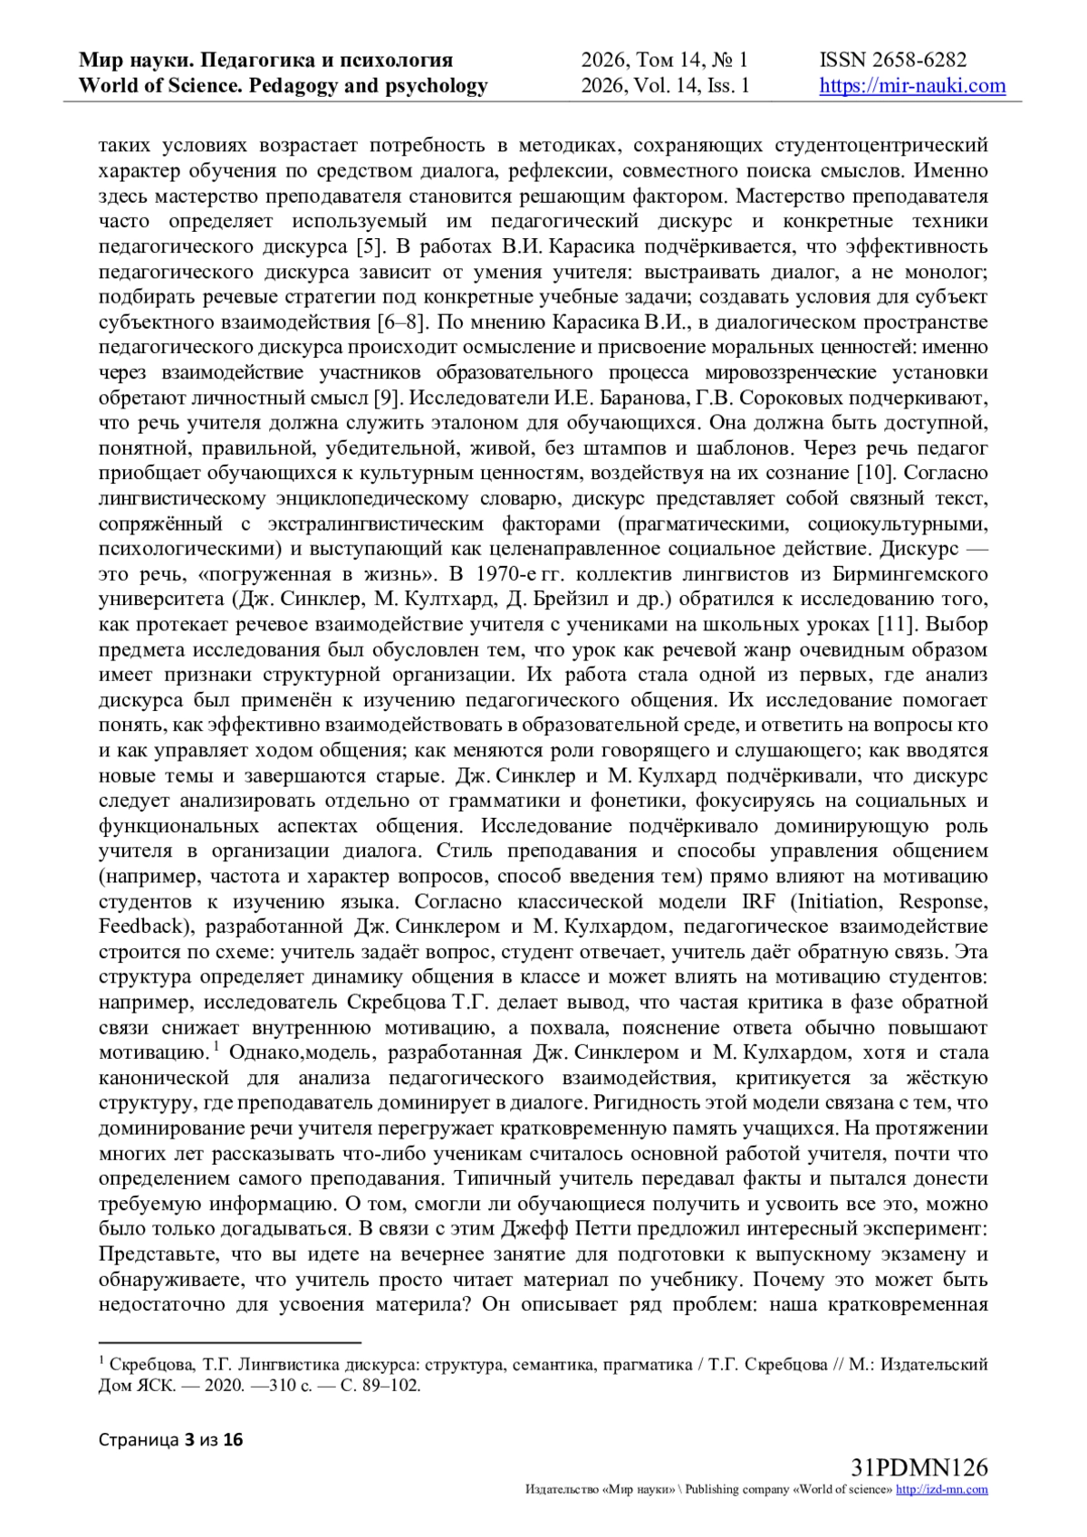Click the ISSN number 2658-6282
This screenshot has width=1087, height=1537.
pyautogui.click(x=919, y=61)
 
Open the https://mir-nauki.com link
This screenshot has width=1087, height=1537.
pyautogui.click(x=912, y=86)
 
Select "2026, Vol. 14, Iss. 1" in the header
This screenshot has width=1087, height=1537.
pyautogui.click(x=665, y=86)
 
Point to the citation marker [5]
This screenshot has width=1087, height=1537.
pyautogui.click(x=366, y=246)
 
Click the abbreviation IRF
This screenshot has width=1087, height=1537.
pyautogui.click(x=759, y=902)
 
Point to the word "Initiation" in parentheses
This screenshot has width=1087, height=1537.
pyautogui.click(x=842, y=902)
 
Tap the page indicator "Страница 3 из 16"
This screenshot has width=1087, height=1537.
pyautogui.click(x=172, y=1441)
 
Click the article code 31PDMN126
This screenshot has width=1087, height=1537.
pyautogui.click(x=919, y=1468)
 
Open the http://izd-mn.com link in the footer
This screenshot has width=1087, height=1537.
pyautogui.click(x=942, y=1490)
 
